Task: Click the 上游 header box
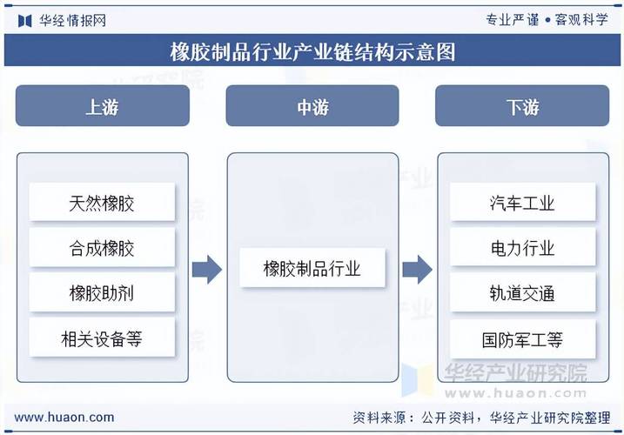click(103, 105)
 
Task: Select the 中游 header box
click(312, 105)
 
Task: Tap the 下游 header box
click(522, 105)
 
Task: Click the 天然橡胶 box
click(102, 202)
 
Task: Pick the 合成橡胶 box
click(102, 247)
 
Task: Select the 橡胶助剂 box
click(102, 292)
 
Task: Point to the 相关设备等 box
click(102, 338)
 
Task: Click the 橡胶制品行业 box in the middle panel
click(312, 267)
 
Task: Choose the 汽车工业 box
click(522, 202)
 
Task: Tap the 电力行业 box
click(522, 247)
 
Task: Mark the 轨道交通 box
click(522, 292)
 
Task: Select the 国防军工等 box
click(522, 338)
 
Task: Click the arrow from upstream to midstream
click(207, 270)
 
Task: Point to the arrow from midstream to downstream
click(417, 270)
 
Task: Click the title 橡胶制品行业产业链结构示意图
click(312, 51)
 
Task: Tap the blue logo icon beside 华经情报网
click(24, 21)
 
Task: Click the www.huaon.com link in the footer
click(64, 417)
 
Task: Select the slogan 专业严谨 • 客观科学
click(547, 19)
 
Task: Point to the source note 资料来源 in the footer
click(481, 418)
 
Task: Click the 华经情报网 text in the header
click(73, 20)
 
